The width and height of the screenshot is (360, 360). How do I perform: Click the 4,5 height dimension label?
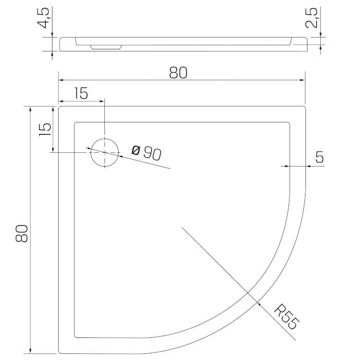click(x=43, y=18)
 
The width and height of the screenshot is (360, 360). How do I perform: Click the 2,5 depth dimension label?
click(x=311, y=18)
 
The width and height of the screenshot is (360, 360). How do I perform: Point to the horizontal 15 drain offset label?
click(x=81, y=93)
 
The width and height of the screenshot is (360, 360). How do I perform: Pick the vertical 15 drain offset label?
click(x=45, y=130)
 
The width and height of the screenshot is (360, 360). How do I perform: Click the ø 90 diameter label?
click(x=147, y=152)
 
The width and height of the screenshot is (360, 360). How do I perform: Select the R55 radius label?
click(x=287, y=317)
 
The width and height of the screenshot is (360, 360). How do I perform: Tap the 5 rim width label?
click(x=319, y=157)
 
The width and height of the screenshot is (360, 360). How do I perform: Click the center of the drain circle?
click(x=105, y=152)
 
